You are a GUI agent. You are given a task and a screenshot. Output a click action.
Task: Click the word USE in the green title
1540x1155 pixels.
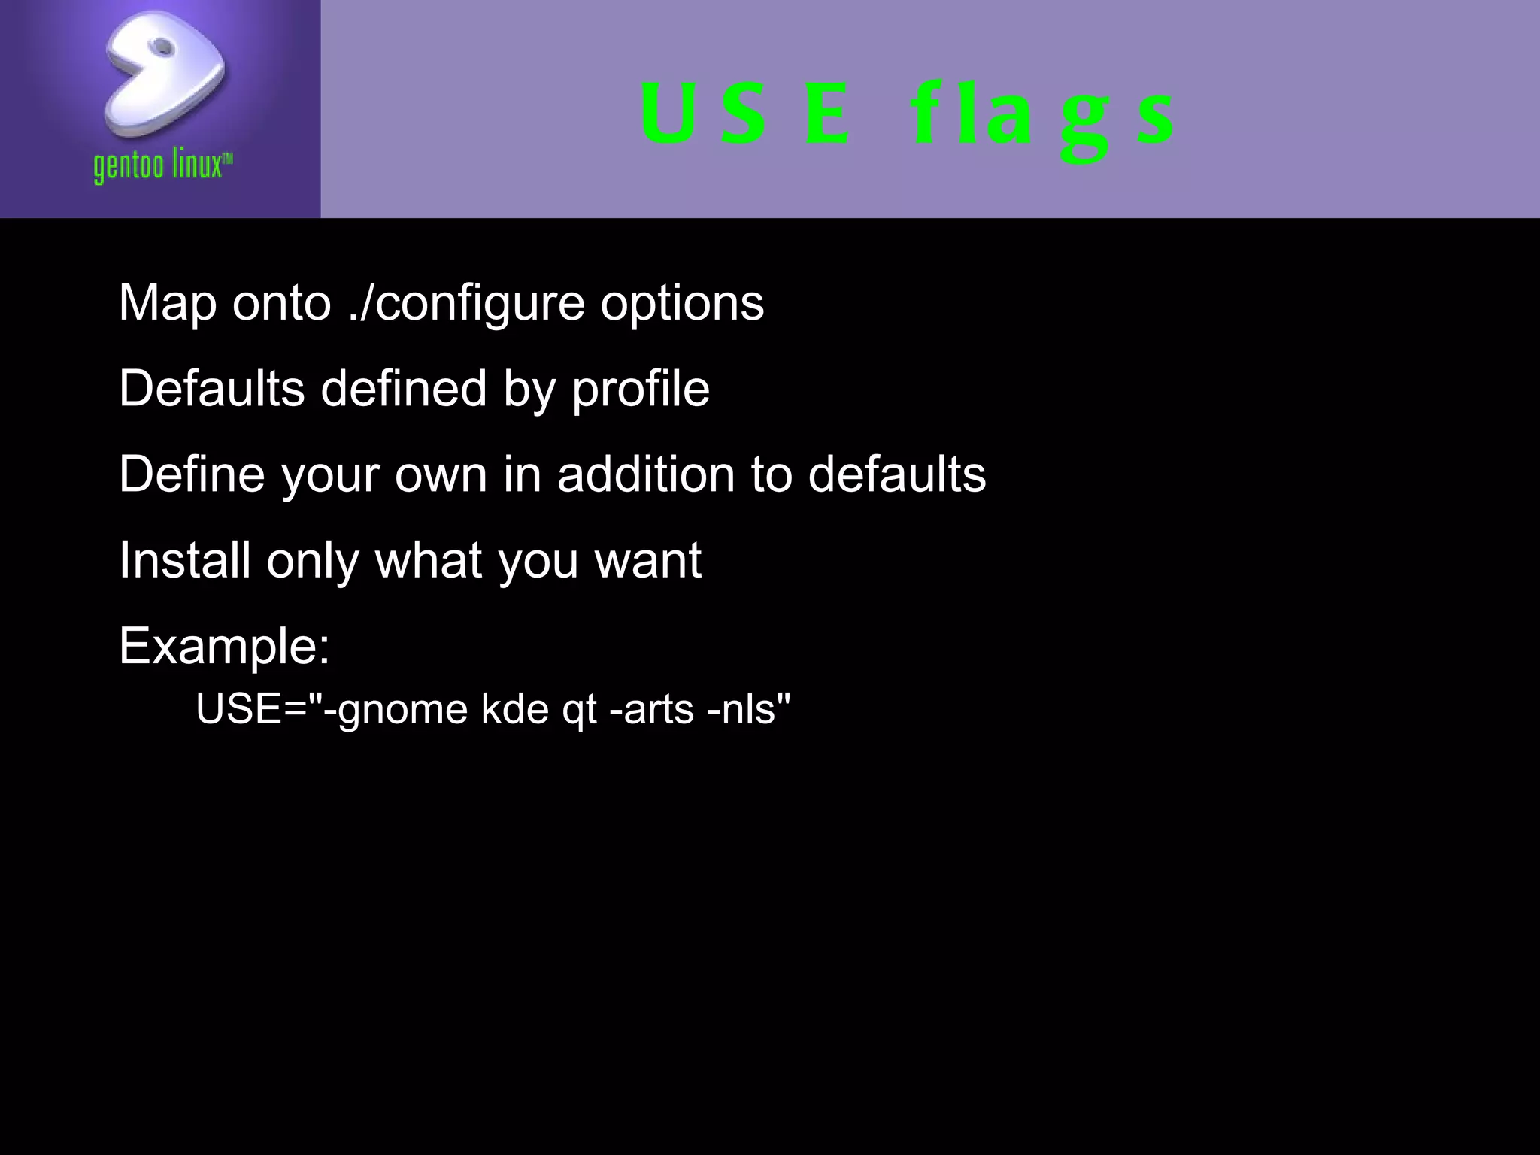tap(744, 114)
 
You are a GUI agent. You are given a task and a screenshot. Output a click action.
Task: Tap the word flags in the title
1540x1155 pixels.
tap(1041, 117)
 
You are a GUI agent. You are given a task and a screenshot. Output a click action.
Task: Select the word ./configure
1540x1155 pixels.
tap(467, 304)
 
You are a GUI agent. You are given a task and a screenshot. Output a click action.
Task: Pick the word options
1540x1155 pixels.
tap(682, 304)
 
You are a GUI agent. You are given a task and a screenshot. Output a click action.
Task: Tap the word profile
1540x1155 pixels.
tap(641, 390)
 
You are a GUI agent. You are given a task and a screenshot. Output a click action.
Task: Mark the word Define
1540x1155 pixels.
tap(192, 474)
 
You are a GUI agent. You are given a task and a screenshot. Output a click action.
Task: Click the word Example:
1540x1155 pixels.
tap(224, 646)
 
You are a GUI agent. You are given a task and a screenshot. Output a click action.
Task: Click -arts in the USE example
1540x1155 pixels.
tap(651, 709)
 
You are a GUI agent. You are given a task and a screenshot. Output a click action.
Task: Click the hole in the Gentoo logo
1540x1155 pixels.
tap(161, 47)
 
